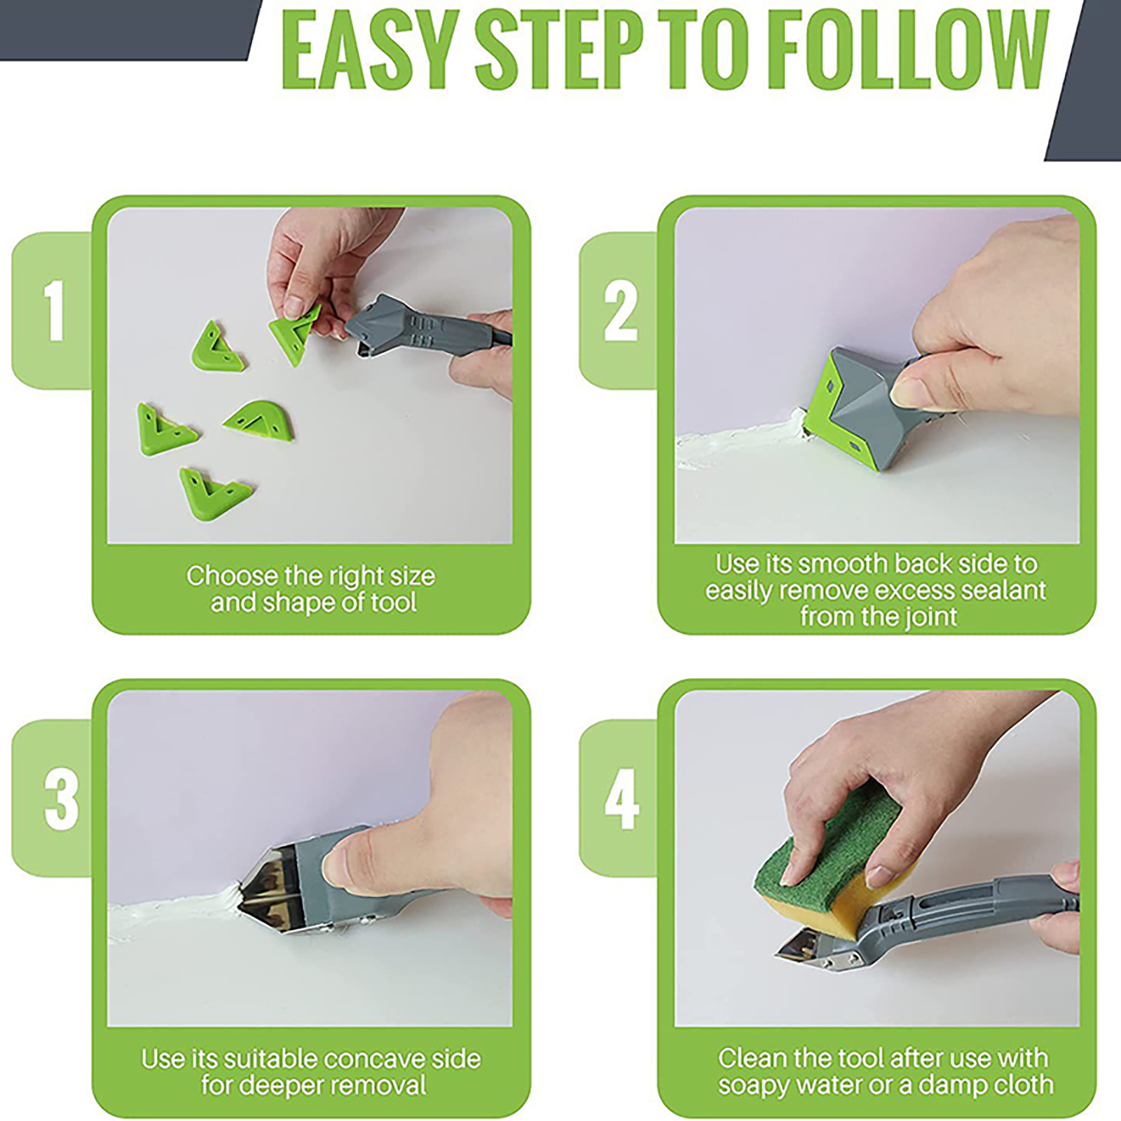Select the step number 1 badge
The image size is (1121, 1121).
pos(53,310)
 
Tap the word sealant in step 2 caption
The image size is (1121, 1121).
pos(1003,590)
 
